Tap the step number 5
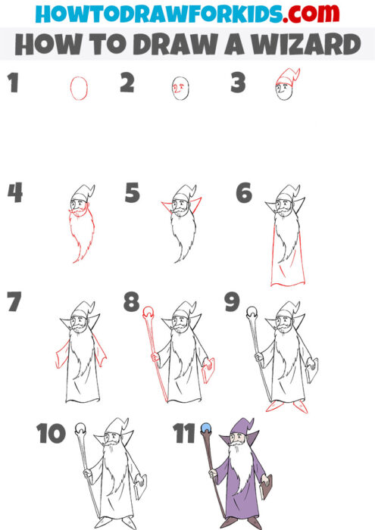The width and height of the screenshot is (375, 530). pos(132,194)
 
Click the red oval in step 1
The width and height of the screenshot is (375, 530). pos(77,89)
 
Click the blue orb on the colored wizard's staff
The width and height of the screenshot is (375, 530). pos(205,429)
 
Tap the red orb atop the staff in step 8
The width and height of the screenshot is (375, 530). pos(148,311)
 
